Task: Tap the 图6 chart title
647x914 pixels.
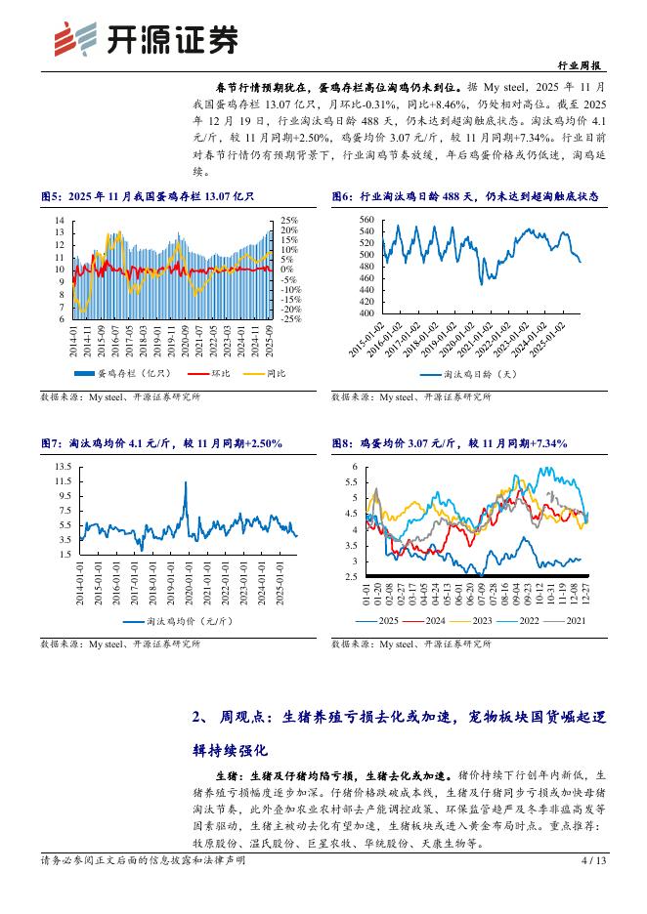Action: (x=450, y=196)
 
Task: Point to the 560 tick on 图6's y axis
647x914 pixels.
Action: (x=367, y=219)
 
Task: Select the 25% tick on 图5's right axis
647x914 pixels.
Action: (x=289, y=220)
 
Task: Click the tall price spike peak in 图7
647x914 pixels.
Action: (x=186, y=482)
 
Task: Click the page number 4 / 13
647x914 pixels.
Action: (x=594, y=859)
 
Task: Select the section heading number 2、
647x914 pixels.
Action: (x=201, y=717)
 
